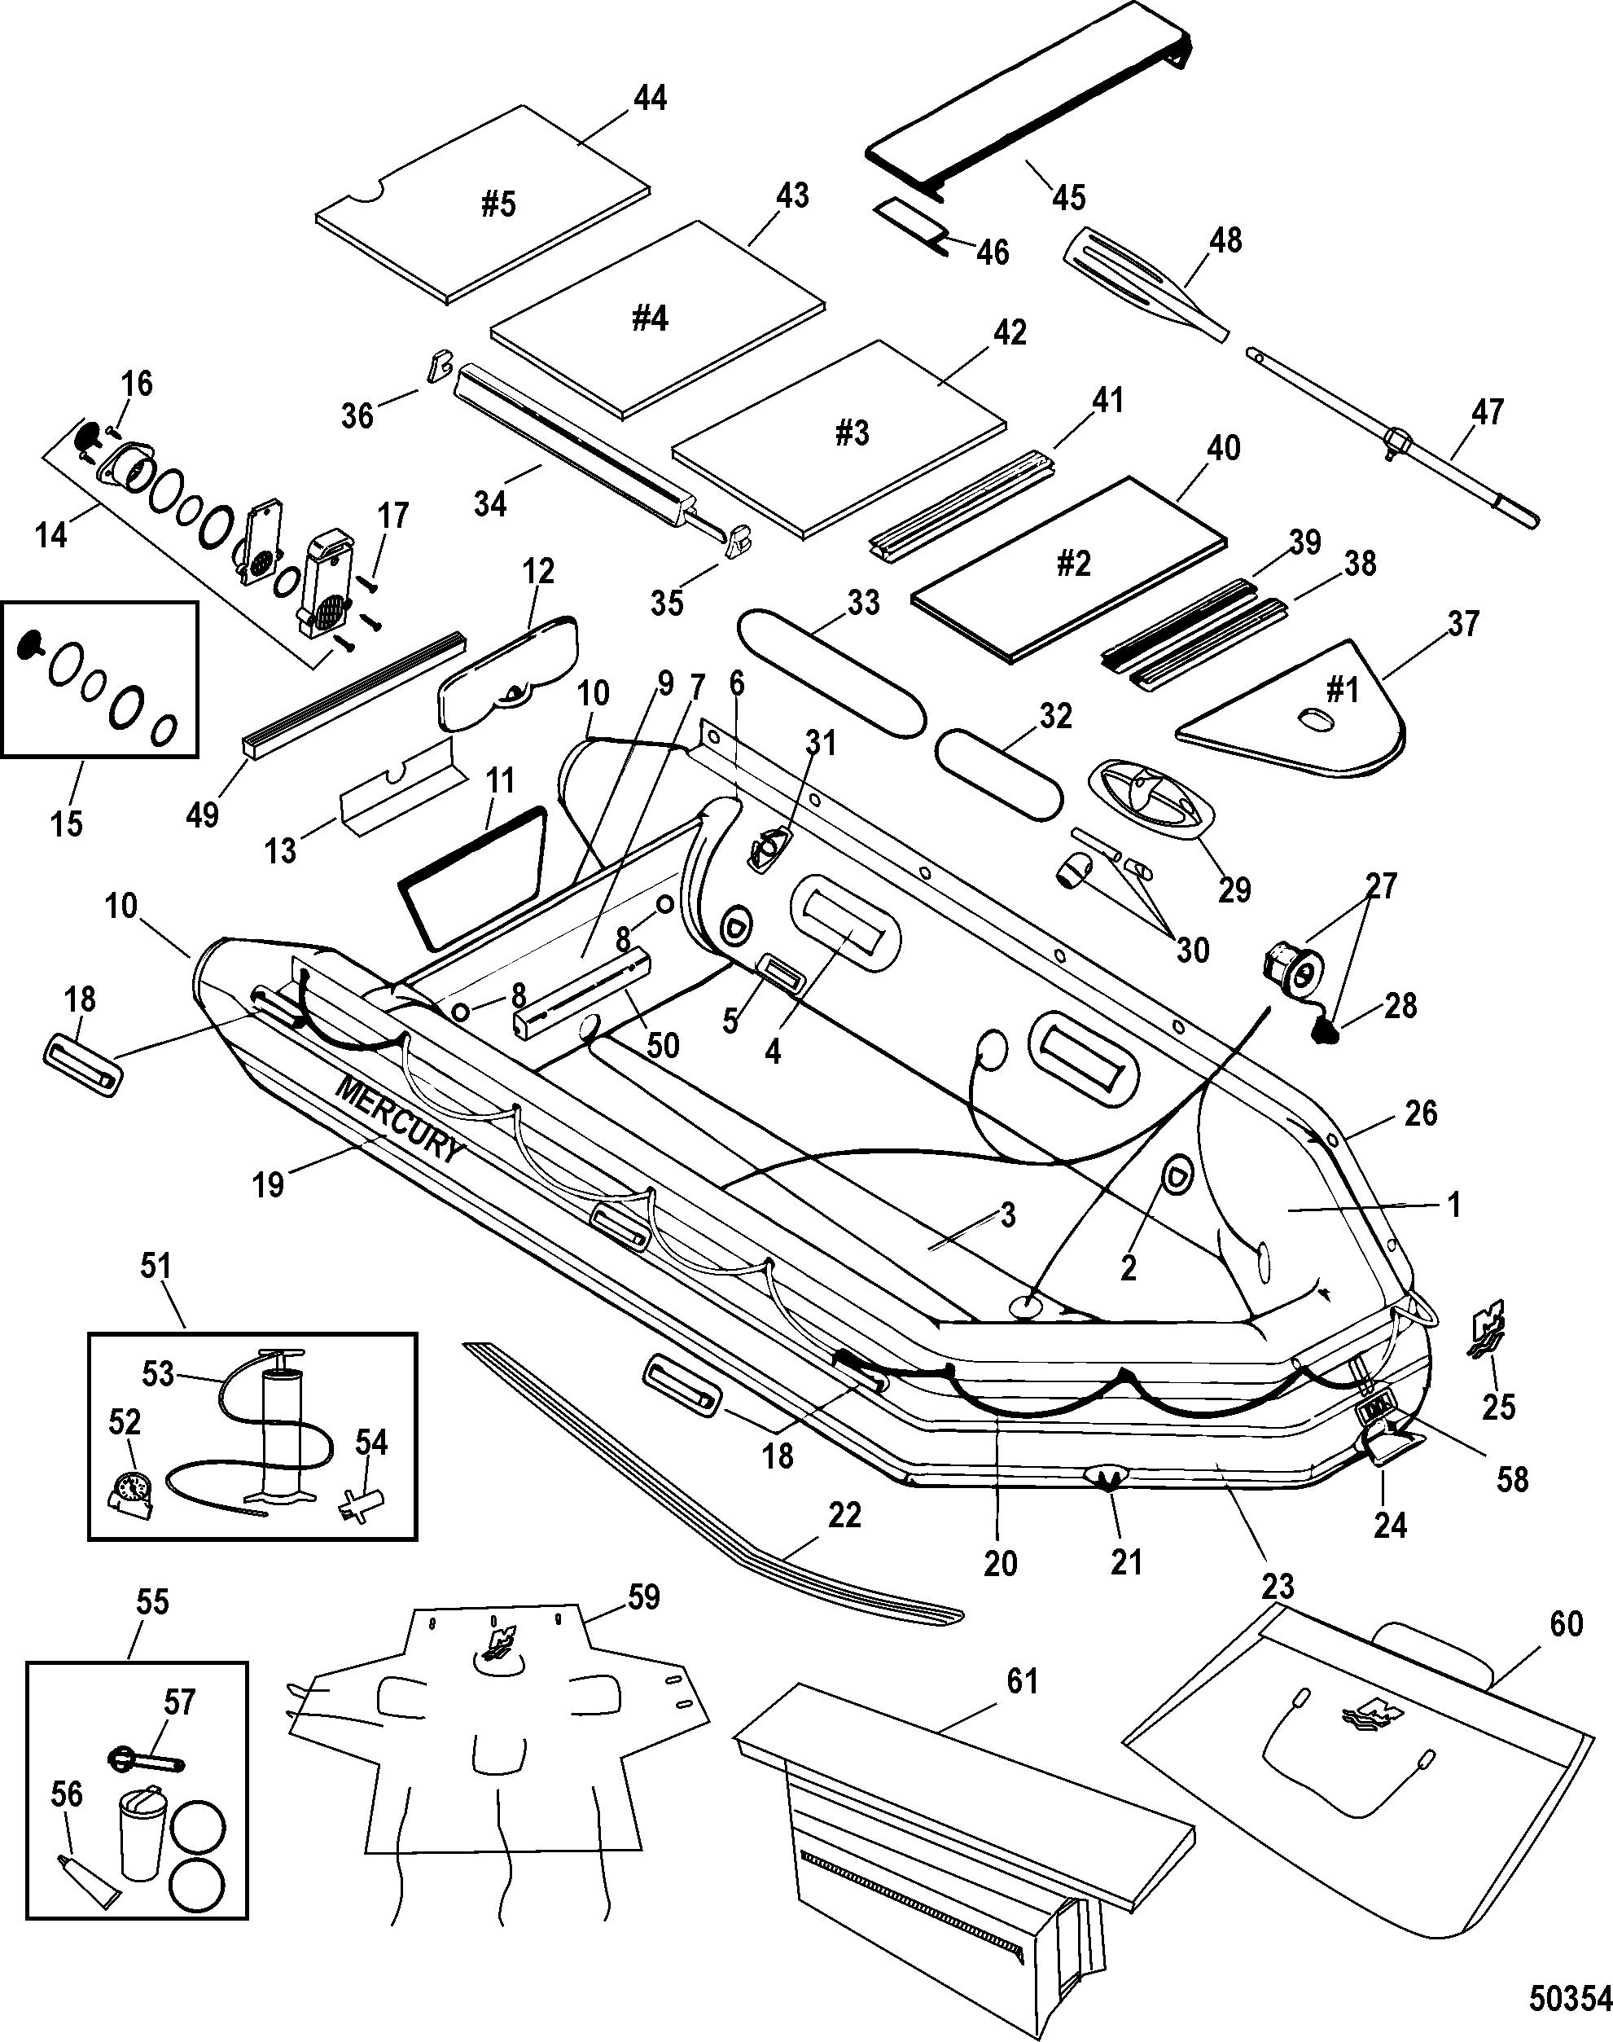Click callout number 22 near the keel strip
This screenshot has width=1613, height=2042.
click(x=844, y=1516)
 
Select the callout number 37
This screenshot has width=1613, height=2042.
click(x=1463, y=624)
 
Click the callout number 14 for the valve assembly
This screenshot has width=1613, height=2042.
click(x=51, y=534)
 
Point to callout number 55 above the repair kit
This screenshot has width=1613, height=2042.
click(x=152, y=1602)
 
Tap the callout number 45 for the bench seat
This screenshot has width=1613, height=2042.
click(x=1069, y=196)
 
